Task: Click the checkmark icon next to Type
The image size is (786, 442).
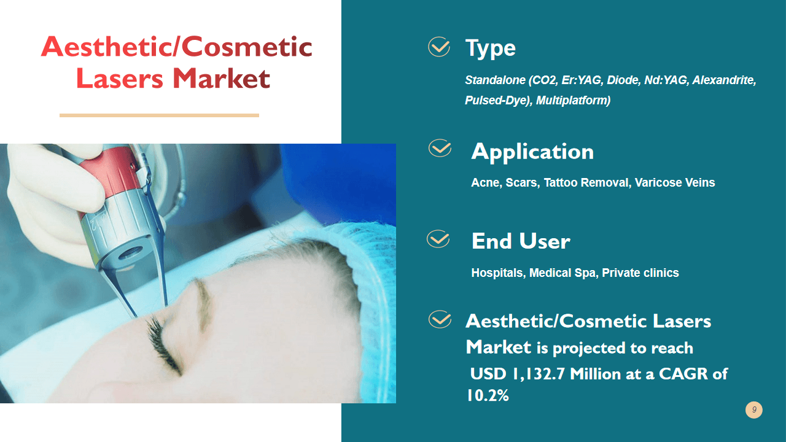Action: tap(439, 47)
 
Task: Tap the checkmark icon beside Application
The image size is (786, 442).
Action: tap(440, 148)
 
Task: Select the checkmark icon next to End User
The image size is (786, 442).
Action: tap(438, 239)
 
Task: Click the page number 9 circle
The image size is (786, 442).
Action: tap(753, 409)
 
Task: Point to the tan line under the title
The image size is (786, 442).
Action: tap(159, 115)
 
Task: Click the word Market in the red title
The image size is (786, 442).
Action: tap(222, 78)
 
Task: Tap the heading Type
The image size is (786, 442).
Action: tap(490, 48)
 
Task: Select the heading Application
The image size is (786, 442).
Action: tap(532, 152)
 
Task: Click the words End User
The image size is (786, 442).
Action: tap(521, 241)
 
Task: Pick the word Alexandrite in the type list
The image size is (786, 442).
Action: tap(724, 80)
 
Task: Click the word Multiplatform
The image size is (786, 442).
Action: tap(573, 100)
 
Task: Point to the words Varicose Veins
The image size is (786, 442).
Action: tap(675, 183)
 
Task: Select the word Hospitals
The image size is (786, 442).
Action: tap(498, 273)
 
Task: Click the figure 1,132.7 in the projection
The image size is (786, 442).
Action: tap(539, 374)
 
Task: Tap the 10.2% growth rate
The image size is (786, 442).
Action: tap(488, 395)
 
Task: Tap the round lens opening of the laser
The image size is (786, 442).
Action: tap(131, 252)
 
